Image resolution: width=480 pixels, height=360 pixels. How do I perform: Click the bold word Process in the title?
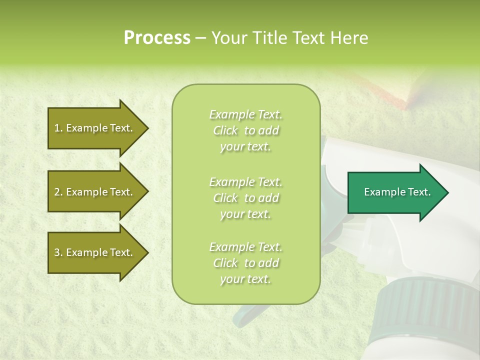(157, 38)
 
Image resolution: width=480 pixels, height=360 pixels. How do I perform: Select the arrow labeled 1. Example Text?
(95, 128)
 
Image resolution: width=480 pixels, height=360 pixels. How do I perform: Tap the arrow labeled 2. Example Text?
(95, 192)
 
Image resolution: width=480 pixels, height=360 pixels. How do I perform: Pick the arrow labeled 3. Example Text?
(95, 252)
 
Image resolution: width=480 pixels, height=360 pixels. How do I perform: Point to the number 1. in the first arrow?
(58, 128)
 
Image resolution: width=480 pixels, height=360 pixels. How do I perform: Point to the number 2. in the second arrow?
(58, 192)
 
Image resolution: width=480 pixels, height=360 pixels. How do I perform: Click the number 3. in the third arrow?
(58, 252)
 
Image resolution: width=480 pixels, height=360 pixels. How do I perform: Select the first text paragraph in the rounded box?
(245, 130)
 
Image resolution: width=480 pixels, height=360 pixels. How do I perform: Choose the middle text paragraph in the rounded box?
(245, 198)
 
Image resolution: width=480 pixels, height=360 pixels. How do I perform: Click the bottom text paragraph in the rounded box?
(245, 263)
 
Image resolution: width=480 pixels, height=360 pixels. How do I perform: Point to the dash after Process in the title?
(200, 38)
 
